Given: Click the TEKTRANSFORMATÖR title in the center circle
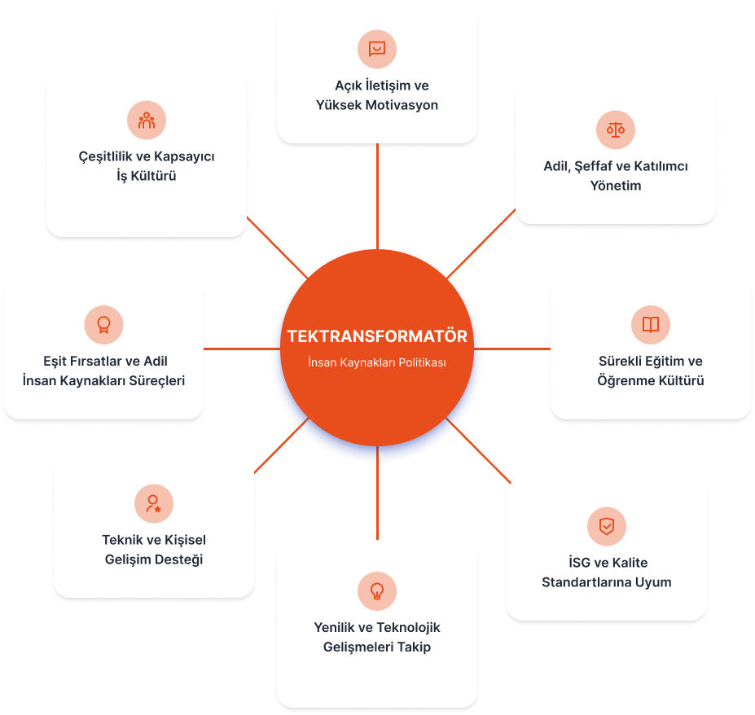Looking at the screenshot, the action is click(377, 336).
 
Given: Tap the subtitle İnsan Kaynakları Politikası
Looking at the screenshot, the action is click(377, 362).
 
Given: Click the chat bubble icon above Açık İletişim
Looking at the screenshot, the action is click(377, 49).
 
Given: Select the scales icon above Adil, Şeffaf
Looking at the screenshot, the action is click(616, 129).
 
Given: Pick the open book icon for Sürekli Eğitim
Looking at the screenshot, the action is click(651, 324).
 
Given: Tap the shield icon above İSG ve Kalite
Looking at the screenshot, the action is click(607, 526).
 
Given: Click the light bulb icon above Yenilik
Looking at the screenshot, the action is click(377, 590).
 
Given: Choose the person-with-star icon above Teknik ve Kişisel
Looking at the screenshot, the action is click(154, 503).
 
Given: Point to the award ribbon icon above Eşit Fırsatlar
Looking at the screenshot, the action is click(103, 324).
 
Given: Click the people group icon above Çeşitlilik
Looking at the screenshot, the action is click(147, 121).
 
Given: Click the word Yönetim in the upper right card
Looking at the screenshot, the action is click(616, 186).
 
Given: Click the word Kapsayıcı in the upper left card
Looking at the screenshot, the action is click(184, 156).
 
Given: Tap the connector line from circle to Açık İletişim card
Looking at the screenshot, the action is click(378, 196).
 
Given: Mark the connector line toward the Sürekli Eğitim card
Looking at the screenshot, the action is click(512, 349).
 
